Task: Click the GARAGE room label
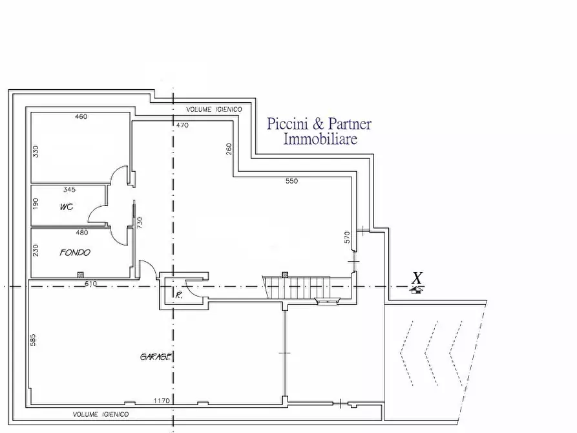tap(156, 356)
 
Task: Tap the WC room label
tap(66, 208)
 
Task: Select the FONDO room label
tap(75, 253)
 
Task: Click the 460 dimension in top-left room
tap(81, 117)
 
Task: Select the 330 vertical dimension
tap(36, 151)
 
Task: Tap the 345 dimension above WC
tap(70, 190)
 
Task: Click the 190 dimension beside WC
tap(36, 204)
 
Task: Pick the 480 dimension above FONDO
tap(82, 233)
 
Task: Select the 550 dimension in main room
tap(291, 182)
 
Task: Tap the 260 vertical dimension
tap(229, 149)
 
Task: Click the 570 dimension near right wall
tap(347, 237)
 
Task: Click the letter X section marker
tap(417, 279)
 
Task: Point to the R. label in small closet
tap(178, 295)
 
